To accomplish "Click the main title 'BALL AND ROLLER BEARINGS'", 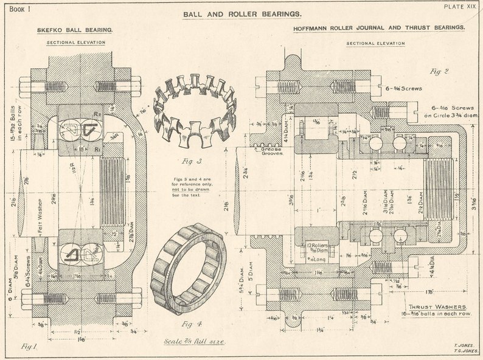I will tap(241, 13).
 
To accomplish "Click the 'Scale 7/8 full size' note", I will tap(195, 342).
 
